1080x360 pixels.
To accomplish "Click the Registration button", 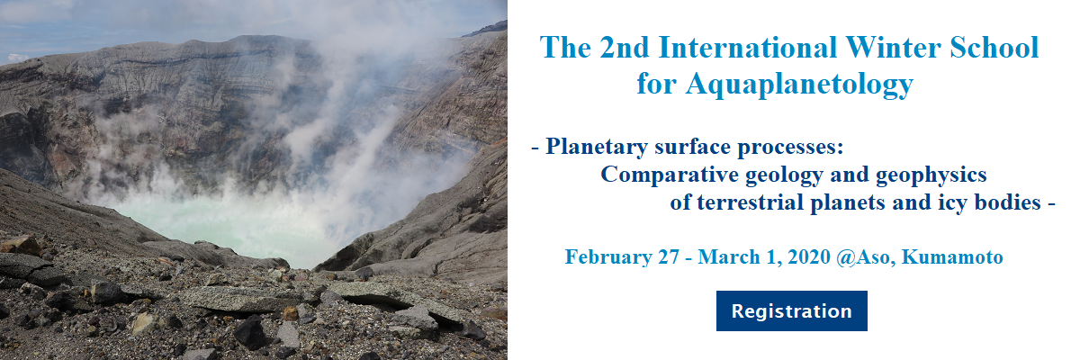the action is coord(792,310).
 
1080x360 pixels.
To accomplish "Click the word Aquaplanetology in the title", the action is coord(799,85).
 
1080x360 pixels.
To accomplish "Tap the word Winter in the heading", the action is coord(893,48).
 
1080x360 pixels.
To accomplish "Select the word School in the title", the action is coord(994,48).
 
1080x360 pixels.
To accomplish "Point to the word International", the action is coord(747,48).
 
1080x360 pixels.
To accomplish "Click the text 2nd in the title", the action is coord(625,48).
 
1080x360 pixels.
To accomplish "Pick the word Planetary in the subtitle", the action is coord(597,147).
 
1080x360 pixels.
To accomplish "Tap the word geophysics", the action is coord(931,175).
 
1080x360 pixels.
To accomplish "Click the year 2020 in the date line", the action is coord(808,256).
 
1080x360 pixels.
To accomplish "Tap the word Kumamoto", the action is coord(952,256).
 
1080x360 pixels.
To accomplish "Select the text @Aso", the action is coord(866,257).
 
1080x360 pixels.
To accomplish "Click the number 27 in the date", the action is coord(669,256).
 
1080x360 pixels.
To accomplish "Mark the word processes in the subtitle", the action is coord(791,148).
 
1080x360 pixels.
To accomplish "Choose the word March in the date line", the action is coord(728,256).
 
